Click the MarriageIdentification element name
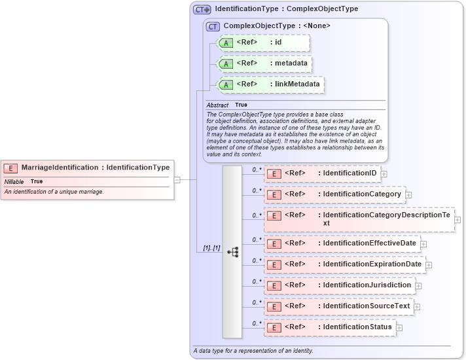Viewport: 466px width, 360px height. click(60, 168)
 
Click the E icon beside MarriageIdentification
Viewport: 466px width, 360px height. click(12, 168)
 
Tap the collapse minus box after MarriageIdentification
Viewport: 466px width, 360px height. click(177, 179)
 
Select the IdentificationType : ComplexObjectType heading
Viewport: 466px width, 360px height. click(286, 10)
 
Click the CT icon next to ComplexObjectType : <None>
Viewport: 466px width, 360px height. click(213, 26)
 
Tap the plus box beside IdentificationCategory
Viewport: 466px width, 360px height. click(408, 194)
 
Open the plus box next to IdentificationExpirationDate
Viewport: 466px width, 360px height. click(429, 264)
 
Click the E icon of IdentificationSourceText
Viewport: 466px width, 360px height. click(275, 306)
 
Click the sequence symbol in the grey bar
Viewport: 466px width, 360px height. click(232, 251)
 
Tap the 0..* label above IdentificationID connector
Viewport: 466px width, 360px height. click(257, 169)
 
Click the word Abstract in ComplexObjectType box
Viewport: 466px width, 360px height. click(217, 105)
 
